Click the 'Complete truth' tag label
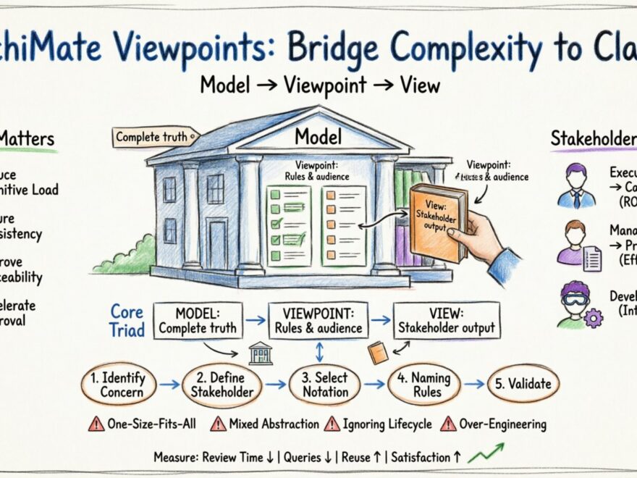[x=156, y=136]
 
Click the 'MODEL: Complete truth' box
[x=198, y=320]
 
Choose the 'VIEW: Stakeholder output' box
[x=446, y=320]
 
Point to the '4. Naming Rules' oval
[x=424, y=385]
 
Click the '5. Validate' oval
[x=523, y=385]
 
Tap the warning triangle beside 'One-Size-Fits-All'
[x=96, y=424]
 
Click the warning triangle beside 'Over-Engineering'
[x=449, y=424]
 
